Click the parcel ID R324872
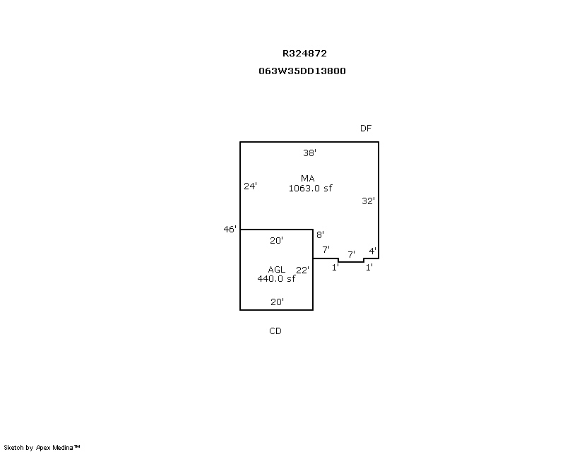[304, 54]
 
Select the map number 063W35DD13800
[302, 71]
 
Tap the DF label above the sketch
[366, 129]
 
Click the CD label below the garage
[275, 331]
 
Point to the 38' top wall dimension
[310, 153]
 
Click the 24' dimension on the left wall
[251, 186]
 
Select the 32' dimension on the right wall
[368, 201]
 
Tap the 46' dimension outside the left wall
[230, 230]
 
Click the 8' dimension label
[321, 234]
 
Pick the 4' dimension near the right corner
[373, 251]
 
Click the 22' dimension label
[303, 270]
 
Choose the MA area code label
[308, 179]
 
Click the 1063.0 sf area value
[310, 188]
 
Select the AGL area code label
[277, 269]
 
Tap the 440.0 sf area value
[276, 279]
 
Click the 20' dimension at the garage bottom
[277, 302]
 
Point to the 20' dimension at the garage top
[276, 240]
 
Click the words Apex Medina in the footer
[54, 448]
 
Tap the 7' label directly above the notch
[351, 254]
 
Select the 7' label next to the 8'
[326, 249]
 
